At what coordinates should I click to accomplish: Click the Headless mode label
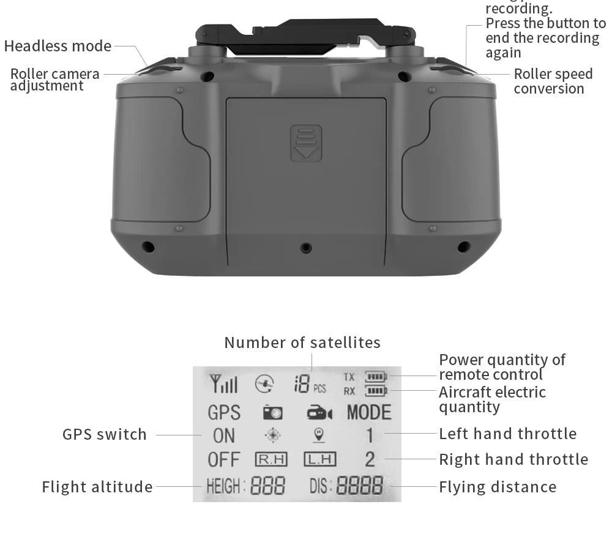coord(58,46)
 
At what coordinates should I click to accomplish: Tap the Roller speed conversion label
coord(553,81)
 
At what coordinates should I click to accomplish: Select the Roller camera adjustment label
coord(54,80)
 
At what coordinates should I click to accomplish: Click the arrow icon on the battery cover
coord(306,143)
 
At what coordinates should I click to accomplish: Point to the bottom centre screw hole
coord(306,248)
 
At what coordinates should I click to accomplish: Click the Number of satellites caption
coord(302,342)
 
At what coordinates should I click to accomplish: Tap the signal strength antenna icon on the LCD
coord(223,384)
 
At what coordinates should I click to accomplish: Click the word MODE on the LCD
coord(368,413)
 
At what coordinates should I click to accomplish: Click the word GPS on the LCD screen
coord(224,413)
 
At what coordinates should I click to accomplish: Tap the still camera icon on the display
coord(272,413)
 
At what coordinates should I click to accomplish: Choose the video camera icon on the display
coord(319,414)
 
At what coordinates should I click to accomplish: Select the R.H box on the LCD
coord(270,459)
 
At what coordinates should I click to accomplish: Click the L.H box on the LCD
coord(320,459)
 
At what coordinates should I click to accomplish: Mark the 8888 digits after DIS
coord(360,487)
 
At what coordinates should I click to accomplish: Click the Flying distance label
coord(498,487)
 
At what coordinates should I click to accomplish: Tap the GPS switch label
coord(105,435)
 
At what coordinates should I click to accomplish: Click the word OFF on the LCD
coord(224,459)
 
